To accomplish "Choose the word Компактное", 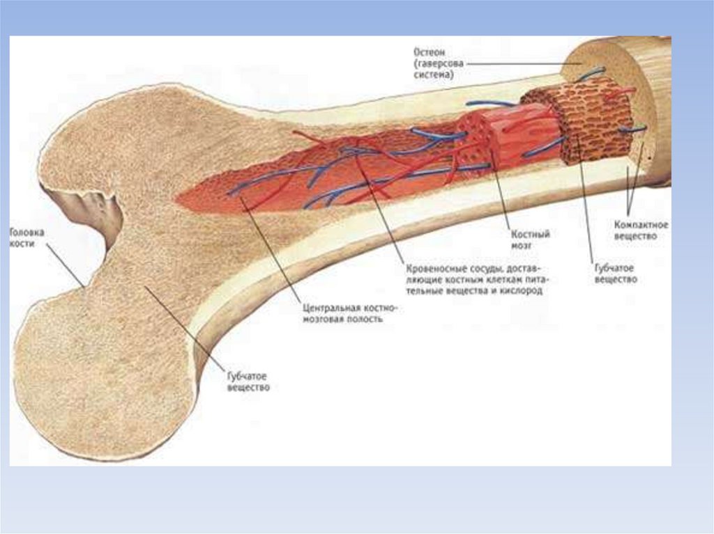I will (x=641, y=225).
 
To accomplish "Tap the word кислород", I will (x=522, y=291).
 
